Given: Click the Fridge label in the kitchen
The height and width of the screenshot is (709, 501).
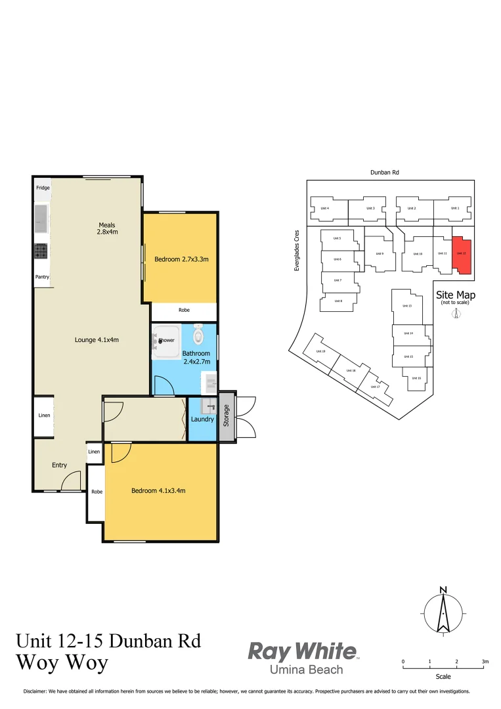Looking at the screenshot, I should click(43, 188).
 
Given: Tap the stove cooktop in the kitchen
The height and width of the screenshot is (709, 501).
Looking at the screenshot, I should click(41, 250).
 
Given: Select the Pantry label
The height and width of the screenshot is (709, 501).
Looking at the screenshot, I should click(42, 277).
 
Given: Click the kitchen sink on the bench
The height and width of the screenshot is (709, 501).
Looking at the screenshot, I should click(41, 219).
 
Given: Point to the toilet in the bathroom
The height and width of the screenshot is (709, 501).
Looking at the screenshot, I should click(200, 335).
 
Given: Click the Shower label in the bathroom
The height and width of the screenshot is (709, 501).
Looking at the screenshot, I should click(166, 340).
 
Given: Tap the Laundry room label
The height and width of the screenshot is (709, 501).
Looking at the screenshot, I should click(202, 419).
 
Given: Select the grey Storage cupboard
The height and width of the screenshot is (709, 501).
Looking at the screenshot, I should click(227, 418).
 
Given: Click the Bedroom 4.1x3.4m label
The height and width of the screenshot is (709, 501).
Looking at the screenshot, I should click(158, 490).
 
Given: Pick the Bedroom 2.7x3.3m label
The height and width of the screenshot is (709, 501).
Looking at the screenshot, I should click(181, 259).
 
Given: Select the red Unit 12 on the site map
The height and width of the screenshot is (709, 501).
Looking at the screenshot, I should click(462, 256).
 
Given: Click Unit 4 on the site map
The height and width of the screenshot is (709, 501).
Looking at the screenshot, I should click(324, 209).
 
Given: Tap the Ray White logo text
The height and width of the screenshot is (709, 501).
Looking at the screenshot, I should click(302, 651).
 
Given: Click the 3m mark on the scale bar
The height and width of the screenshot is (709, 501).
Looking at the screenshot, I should click(485, 662).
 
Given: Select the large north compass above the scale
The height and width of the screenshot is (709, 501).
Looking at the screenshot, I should click(444, 612).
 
